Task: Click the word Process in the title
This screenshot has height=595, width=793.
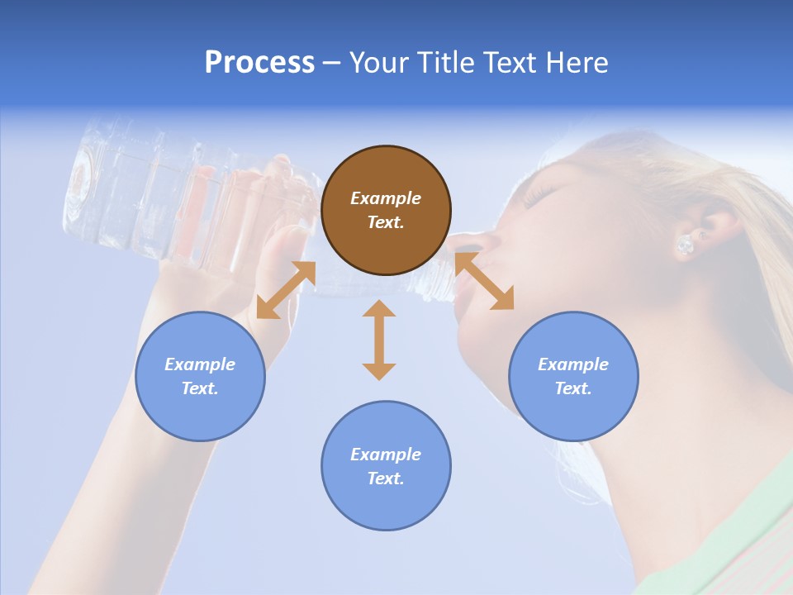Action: click(259, 63)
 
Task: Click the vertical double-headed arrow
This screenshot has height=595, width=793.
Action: click(379, 340)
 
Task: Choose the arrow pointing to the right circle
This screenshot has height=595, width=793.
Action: click(485, 282)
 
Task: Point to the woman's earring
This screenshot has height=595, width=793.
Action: click(685, 245)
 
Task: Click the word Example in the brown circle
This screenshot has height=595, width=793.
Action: click(386, 198)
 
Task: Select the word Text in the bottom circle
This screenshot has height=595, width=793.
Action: click(386, 478)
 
